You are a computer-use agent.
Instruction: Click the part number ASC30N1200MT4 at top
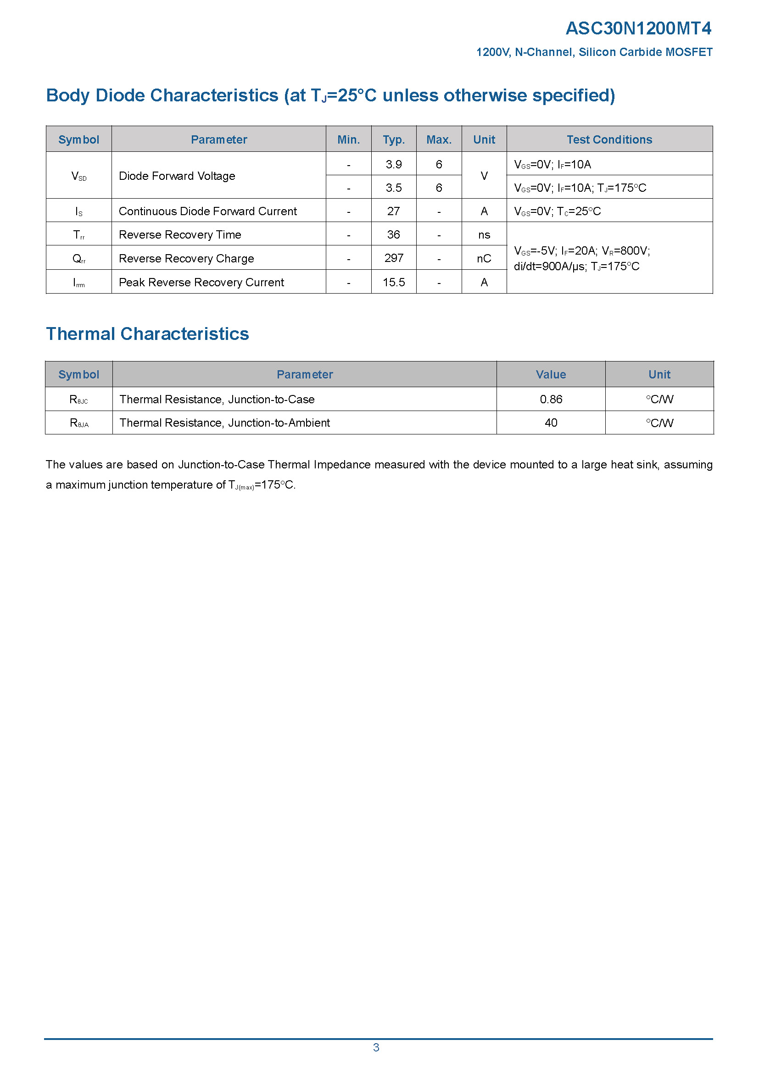(638, 28)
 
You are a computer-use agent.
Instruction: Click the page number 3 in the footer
(376, 1047)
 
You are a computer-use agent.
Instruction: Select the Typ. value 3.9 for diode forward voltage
(394, 164)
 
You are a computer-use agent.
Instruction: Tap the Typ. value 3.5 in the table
(394, 188)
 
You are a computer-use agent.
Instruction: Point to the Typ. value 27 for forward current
(394, 211)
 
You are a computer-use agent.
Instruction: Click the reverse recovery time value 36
(394, 234)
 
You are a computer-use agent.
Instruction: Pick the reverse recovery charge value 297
(394, 258)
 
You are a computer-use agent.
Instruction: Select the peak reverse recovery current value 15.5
(394, 282)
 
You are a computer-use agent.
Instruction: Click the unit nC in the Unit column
(484, 258)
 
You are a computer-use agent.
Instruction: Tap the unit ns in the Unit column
(484, 234)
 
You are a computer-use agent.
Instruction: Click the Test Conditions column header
(609, 139)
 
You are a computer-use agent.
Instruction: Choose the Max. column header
(439, 139)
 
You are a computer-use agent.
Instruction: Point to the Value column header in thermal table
(551, 374)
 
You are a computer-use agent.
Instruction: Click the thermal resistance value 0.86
(551, 399)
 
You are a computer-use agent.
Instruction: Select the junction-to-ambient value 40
(551, 423)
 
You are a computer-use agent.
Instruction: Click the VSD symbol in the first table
(78, 176)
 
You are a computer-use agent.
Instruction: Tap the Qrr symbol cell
(78, 258)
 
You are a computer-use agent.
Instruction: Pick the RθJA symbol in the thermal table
(78, 423)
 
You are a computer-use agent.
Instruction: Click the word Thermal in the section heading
(80, 334)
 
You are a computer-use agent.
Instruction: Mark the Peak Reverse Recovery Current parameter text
(201, 282)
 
